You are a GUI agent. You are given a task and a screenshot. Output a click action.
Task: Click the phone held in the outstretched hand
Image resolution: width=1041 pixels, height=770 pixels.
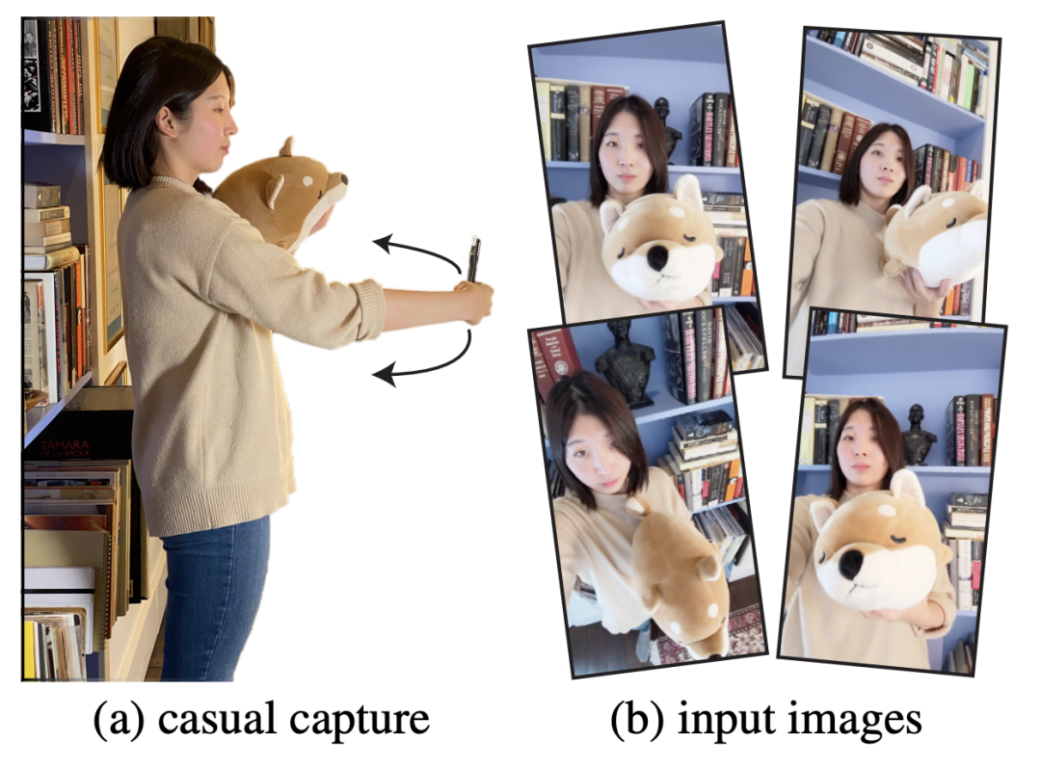tap(473, 259)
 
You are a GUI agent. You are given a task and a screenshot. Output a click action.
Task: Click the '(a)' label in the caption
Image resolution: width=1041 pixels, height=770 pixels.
tap(119, 720)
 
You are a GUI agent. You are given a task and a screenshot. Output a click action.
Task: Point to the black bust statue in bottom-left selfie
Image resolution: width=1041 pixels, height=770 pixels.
tap(625, 362)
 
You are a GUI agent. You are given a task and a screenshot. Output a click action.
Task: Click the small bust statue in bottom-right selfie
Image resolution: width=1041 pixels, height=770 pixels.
tap(919, 435)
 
